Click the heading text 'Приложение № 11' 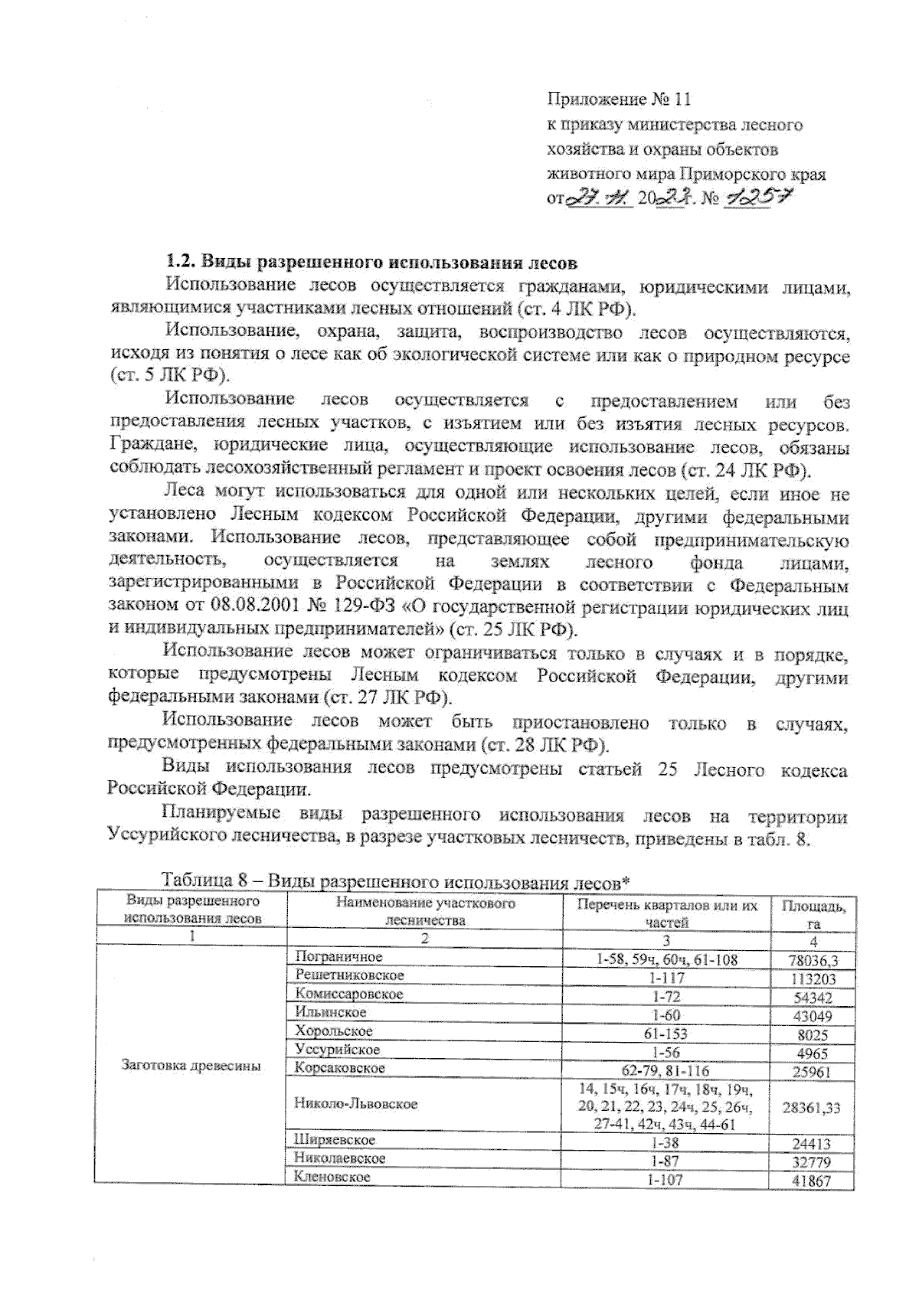click(x=619, y=100)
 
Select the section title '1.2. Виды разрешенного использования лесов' click(x=371, y=263)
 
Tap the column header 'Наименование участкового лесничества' click(x=425, y=912)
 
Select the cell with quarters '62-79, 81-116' click(x=664, y=1071)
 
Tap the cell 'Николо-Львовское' click(x=355, y=1104)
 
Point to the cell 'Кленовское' click(x=332, y=1177)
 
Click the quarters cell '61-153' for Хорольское click(x=664, y=1034)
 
